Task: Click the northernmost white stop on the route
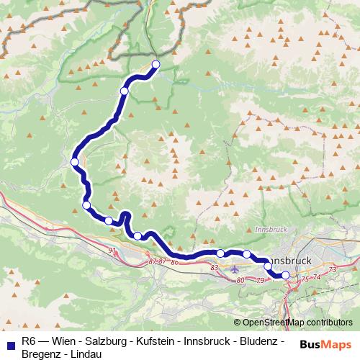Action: pyautogui.click(x=156, y=65)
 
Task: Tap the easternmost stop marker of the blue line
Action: pyautogui.click(x=284, y=274)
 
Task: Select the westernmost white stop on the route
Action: pyautogui.click(x=75, y=162)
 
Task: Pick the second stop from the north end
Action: pyautogui.click(x=125, y=91)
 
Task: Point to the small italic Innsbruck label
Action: pyautogui.click(x=270, y=230)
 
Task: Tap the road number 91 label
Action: pyautogui.click(x=112, y=250)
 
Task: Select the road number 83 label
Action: pyautogui.click(x=214, y=268)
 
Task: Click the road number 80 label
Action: pyautogui.click(x=240, y=280)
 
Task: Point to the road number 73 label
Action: pyautogui.click(x=332, y=269)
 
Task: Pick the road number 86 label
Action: pyautogui.click(x=175, y=261)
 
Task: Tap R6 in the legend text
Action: pyautogui.click(x=28, y=340)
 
